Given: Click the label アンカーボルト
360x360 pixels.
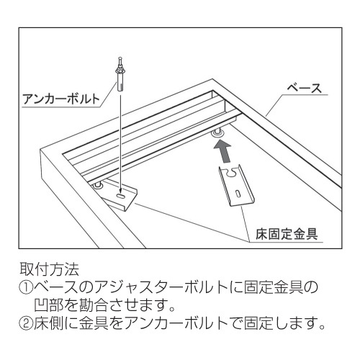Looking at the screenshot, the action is tap(61, 99).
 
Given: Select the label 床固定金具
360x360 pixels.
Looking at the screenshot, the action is tap(287, 234).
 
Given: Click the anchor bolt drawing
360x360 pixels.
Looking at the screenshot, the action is tap(120, 73).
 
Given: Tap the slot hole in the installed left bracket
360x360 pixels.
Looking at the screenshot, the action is tap(120, 196).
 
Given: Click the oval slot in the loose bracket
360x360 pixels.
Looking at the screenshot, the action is tap(238, 194).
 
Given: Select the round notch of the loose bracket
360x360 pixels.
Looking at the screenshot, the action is tap(230, 173).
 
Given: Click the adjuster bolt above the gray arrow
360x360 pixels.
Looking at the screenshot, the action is tap(217, 132).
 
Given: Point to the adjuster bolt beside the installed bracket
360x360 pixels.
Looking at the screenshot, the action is tap(98, 185).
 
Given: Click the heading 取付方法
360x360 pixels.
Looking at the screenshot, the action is tap(49, 269).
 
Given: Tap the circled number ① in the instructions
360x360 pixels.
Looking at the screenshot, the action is tap(26, 287).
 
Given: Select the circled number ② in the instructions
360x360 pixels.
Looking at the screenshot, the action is tap(26, 323).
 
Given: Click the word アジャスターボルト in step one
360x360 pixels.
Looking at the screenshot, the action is tap(161, 287).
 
